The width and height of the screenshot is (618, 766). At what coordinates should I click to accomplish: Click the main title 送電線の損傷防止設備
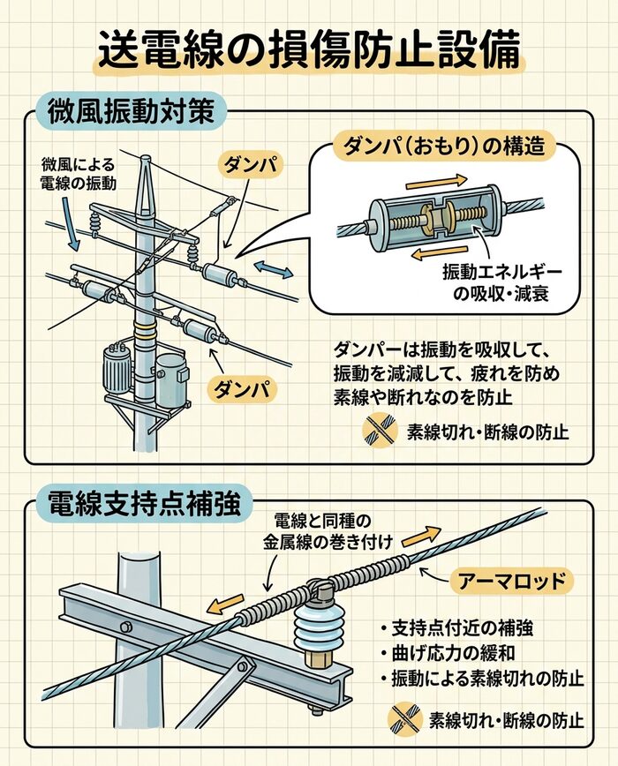tap(308, 52)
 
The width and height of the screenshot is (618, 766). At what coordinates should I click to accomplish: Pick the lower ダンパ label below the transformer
tap(240, 387)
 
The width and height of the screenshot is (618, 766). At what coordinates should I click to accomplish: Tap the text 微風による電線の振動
tap(79, 174)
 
